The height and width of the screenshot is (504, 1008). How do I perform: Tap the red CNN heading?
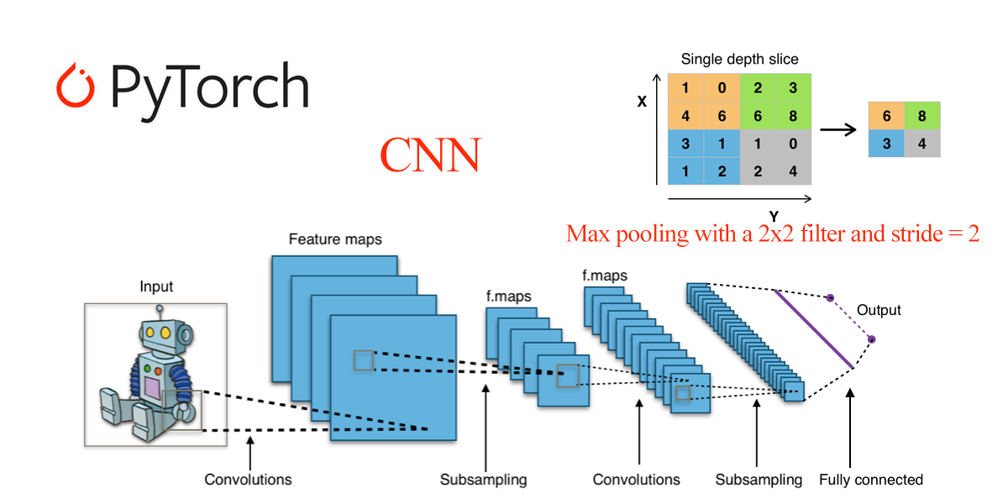[x=430, y=155]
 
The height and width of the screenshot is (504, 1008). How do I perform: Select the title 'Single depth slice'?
[x=739, y=60]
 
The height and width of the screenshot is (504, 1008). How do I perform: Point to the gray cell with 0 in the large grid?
[x=794, y=144]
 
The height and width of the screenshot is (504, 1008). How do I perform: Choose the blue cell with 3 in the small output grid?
[x=887, y=144]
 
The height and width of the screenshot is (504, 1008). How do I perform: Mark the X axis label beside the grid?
[x=642, y=102]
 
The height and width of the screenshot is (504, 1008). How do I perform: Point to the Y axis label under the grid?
[x=774, y=215]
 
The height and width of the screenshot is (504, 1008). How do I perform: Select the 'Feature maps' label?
[x=335, y=239]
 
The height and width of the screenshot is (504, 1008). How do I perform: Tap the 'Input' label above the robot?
[x=156, y=287]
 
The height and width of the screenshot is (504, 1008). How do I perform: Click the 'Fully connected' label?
[x=871, y=480]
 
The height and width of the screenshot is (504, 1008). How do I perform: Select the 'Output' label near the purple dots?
[x=879, y=311]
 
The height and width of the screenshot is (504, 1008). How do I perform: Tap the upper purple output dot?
[x=830, y=297]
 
